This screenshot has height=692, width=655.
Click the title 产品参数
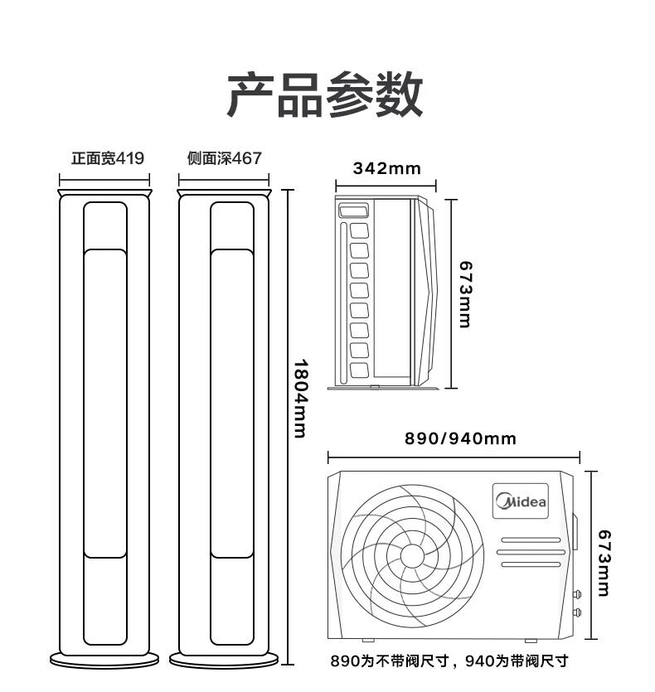coord(325,94)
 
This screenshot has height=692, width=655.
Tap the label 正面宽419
coord(108,158)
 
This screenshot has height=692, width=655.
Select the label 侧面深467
coord(225,158)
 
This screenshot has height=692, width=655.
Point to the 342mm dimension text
coord(387,168)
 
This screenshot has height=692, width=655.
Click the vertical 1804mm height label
coord(301,398)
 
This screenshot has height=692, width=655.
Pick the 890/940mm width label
coord(460,438)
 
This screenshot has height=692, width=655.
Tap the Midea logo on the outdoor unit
coord(521,501)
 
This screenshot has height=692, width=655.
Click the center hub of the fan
coord(411,556)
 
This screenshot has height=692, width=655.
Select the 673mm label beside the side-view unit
coord(465,294)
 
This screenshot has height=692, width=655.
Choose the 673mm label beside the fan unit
coord(604,564)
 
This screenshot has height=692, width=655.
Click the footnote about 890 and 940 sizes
coord(449,661)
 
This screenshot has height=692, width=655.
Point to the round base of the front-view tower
coord(104,661)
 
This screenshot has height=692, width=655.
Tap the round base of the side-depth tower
coord(224,661)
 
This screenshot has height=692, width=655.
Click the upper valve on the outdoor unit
coord(577,594)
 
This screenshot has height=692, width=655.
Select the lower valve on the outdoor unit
coord(577,612)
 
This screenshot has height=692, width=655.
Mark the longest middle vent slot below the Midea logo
coord(531,552)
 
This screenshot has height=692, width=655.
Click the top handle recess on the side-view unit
coord(353,210)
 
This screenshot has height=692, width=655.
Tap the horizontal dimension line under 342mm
coord(386,186)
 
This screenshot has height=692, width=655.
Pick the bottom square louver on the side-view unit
coord(359,370)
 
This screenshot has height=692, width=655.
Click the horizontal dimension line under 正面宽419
coord(104,180)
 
